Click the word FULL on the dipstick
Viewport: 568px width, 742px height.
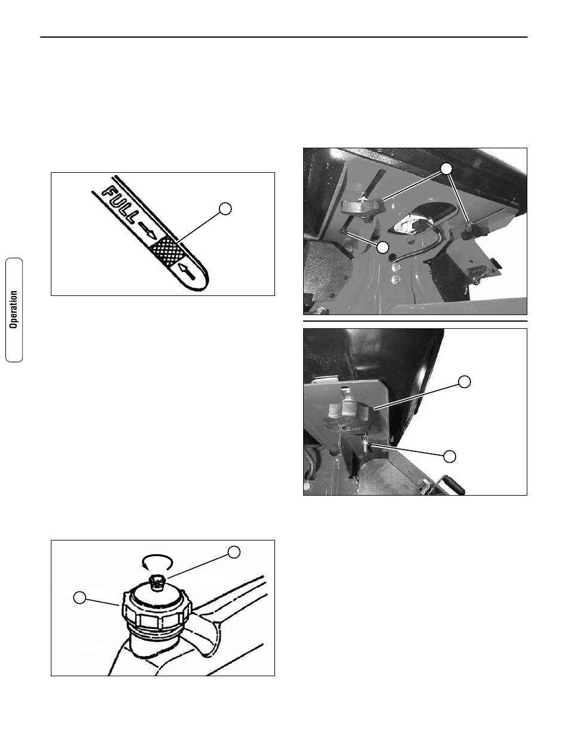(121, 204)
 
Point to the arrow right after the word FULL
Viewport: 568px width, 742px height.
(148, 230)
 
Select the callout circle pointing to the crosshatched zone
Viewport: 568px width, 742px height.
(225, 209)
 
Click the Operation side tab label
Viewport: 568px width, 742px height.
(14, 309)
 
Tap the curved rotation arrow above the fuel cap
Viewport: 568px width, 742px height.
(157, 561)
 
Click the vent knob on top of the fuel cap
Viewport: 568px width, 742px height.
(157, 582)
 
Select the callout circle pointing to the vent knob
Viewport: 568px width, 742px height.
(234, 552)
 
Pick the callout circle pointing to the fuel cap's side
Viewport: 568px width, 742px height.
(80, 597)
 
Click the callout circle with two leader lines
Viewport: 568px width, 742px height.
(447, 169)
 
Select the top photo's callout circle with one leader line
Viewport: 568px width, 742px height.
(383, 247)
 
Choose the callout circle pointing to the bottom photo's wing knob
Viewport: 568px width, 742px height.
(464, 381)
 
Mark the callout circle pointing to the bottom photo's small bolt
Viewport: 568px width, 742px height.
(450, 456)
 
